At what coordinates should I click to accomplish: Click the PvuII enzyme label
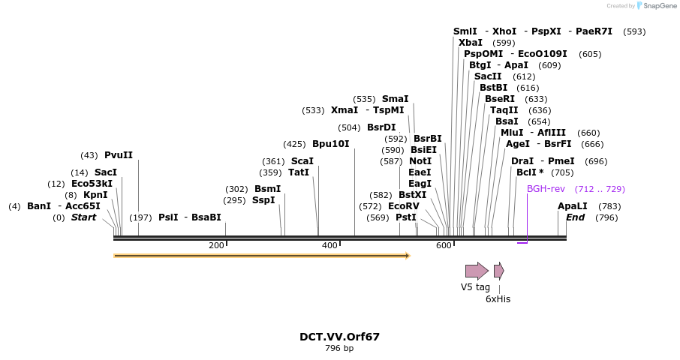pyautogui.click(x=119, y=155)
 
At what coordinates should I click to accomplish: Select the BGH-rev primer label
pyautogui.click(x=546, y=189)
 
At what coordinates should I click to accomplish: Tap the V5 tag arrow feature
pyautogui.click(x=477, y=271)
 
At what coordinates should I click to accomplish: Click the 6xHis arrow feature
pyautogui.click(x=498, y=271)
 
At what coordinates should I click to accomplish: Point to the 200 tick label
pyautogui.click(x=217, y=245)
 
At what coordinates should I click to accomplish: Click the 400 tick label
pyautogui.click(x=329, y=245)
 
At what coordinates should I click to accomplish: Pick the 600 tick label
pyautogui.click(x=443, y=245)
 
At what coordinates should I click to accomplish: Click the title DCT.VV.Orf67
pyautogui.click(x=339, y=337)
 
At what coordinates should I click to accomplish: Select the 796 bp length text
pyautogui.click(x=339, y=349)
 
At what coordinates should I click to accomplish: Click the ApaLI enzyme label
pyautogui.click(x=573, y=206)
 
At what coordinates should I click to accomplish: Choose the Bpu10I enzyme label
pyautogui.click(x=331, y=144)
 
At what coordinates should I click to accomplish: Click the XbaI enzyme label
pyautogui.click(x=471, y=43)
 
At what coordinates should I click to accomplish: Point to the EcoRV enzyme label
pyautogui.click(x=404, y=206)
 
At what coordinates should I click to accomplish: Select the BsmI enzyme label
pyautogui.click(x=267, y=189)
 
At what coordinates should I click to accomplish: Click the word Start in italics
pyautogui.click(x=84, y=217)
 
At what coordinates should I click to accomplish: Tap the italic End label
pyautogui.click(x=575, y=217)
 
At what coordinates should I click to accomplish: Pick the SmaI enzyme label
pyautogui.click(x=396, y=99)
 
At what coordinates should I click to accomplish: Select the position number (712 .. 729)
pyautogui.click(x=600, y=189)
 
